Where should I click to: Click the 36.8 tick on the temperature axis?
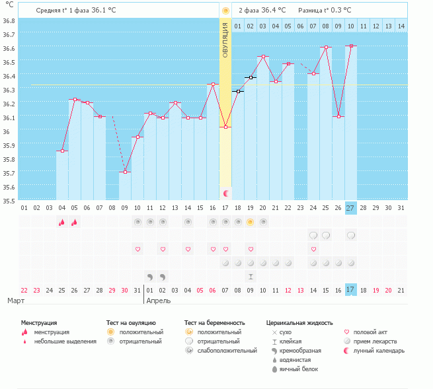9,21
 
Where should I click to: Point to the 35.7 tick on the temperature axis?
9,174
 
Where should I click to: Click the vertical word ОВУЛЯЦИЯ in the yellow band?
225,40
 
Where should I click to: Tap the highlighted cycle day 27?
350,208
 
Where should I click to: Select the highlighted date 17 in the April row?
350,290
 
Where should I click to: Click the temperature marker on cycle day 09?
125,172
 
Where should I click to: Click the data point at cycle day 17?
225,127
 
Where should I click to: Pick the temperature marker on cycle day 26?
338,116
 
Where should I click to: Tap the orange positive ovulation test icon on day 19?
250,222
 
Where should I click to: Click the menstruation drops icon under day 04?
62,222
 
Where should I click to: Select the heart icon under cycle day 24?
313,250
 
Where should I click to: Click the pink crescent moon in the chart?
226,194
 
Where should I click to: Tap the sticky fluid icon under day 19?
251,277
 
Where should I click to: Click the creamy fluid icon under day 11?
150,277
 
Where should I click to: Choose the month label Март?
16,301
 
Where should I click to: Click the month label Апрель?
159,301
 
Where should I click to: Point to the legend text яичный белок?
299,369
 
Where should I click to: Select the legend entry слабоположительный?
227,351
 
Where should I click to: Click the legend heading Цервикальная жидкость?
299,323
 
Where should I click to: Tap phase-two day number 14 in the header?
401,26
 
